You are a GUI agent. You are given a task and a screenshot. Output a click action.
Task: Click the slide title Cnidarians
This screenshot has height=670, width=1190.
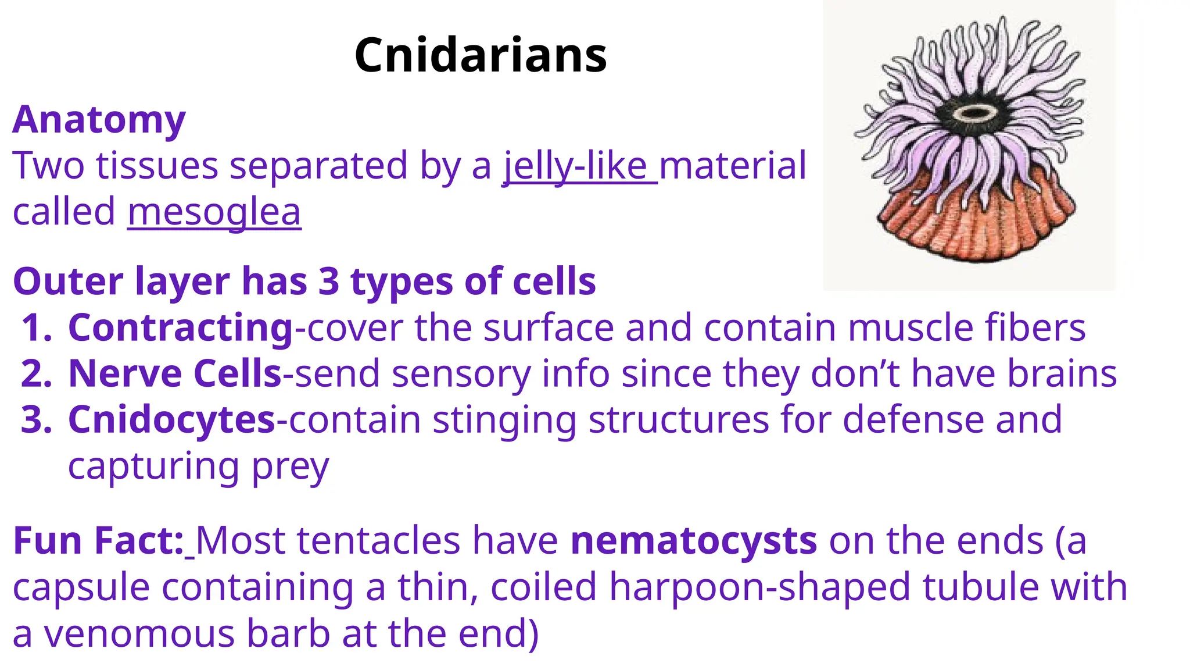coord(481,55)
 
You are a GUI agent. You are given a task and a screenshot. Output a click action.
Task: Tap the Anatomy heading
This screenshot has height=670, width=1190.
coord(99,120)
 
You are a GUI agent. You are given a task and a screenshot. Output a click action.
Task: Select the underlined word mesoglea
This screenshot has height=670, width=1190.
coord(214,212)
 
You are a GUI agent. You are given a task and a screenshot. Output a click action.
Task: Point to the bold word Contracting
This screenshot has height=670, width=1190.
coord(180,328)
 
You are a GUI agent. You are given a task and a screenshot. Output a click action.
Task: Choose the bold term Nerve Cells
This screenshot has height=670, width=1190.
coord(175,373)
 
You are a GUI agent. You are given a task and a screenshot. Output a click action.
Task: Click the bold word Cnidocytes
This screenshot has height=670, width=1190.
coord(171,419)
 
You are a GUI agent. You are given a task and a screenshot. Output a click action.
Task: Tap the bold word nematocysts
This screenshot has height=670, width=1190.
coord(694,541)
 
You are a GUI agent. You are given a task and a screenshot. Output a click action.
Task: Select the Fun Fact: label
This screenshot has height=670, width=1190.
coord(98,541)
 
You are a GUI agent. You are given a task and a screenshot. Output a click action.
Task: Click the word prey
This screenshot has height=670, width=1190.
coord(290,467)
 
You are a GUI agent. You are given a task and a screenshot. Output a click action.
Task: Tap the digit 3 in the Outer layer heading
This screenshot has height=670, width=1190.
coord(328,281)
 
